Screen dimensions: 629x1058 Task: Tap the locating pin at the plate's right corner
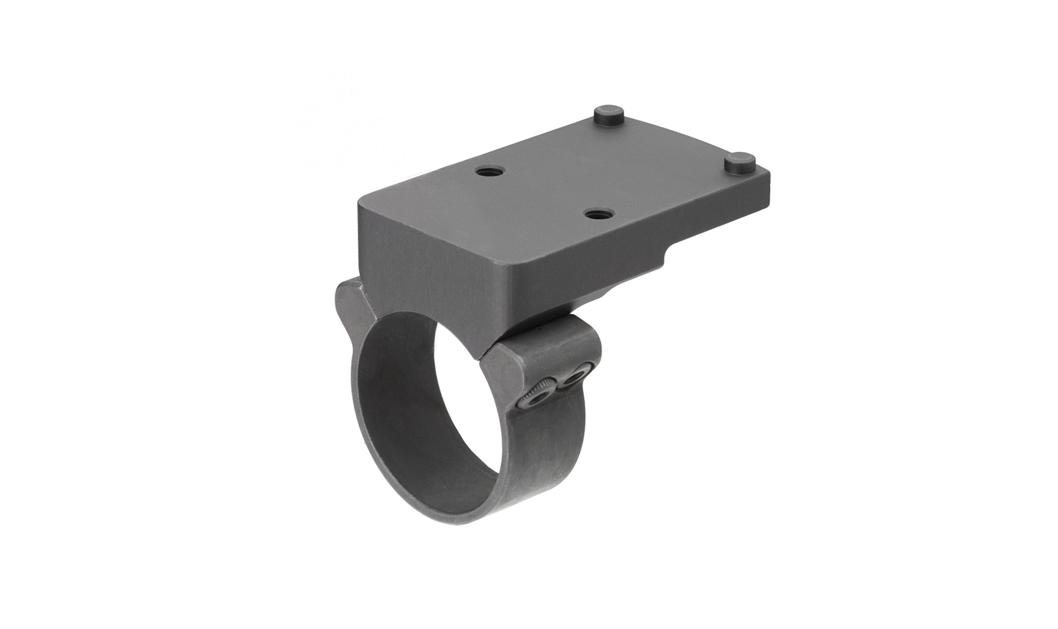point(740,162)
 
